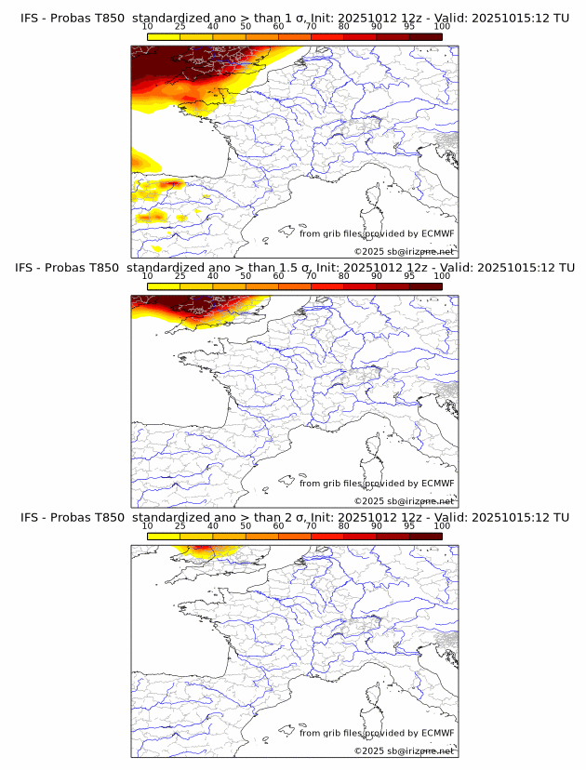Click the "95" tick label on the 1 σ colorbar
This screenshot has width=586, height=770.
coord(409,26)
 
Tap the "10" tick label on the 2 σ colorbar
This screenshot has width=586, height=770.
coord(148,525)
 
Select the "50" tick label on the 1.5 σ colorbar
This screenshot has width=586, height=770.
coord(246,276)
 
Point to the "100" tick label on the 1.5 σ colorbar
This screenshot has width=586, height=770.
coord(442,276)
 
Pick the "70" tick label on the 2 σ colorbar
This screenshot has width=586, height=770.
coord(311,525)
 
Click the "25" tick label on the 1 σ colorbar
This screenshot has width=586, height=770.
coord(180,26)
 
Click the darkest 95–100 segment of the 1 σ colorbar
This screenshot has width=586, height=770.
coord(426,37)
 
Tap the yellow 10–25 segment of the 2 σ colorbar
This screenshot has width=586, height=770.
coord(164,537)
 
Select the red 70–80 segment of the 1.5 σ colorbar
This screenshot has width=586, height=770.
coord(327,287)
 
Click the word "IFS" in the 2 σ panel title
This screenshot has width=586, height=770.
coord(31,517)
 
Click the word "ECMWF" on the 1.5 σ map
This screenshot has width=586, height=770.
coord(438,484)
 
